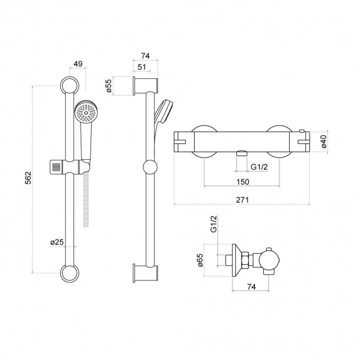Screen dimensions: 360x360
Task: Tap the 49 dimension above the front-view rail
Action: (x=78, y=64)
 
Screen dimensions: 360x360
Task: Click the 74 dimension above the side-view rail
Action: (x=144, y=55)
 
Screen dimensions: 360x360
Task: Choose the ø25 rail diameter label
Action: (x=57, y=242)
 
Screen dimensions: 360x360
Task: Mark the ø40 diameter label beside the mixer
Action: (x=323, y=141)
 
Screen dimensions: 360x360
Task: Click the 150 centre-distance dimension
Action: (x=242, y=181)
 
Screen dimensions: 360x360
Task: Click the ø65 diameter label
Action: (x=200, y=261)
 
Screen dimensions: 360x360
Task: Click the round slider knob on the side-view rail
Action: (x=149, y=168)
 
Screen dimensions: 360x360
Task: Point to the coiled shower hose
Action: (x=87, y=200)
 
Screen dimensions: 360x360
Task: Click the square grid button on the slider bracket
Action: (x=56, y=168)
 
